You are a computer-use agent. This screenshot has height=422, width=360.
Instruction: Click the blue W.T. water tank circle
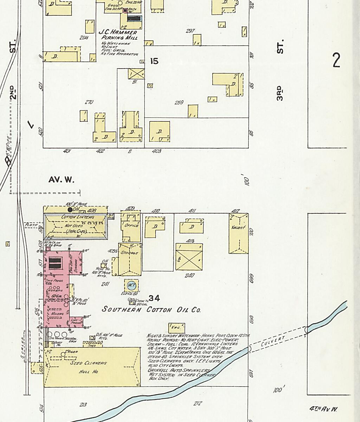pos(131,285)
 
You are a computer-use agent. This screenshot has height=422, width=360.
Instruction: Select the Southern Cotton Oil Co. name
pos(151,309)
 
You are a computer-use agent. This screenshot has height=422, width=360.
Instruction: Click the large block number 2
pos(336,60)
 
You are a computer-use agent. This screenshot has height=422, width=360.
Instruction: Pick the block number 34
pos(154,299)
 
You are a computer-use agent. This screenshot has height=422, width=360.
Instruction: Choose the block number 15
pos(154,61)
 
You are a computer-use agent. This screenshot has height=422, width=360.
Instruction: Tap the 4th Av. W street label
pos(323,409)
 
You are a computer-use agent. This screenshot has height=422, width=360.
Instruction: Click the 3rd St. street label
pos(280,93)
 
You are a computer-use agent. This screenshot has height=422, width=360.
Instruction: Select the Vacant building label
pos(238,228)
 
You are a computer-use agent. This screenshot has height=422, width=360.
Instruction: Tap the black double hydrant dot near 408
pos(70,210)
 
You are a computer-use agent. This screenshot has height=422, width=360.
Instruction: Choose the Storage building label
pos(129,252)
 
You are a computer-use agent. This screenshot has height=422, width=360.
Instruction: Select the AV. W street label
pos(62,180)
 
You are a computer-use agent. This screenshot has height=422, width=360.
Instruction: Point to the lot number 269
pos(179,103)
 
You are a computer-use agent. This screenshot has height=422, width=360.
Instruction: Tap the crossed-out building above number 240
pos(189,260)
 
